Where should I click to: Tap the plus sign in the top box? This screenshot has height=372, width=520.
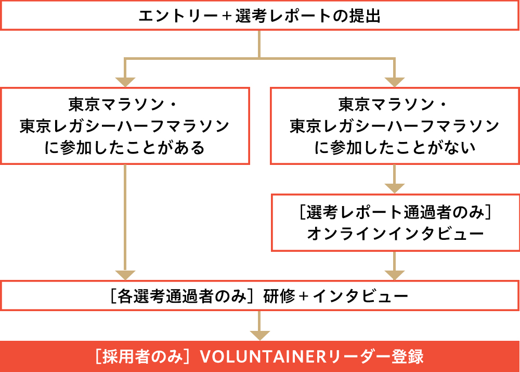click(x=226, y=16)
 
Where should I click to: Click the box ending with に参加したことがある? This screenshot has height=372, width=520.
click(x=125, y=125)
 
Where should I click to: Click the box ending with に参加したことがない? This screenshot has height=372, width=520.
click(x=395, y=125)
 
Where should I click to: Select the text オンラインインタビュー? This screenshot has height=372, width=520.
click(x=395, y=234)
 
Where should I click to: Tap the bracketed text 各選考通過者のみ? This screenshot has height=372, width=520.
click(x=181, y=296)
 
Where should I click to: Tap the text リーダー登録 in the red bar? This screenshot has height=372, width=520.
click(x=374, y=356)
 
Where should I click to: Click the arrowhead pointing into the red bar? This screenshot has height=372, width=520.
click(x=260, y=335)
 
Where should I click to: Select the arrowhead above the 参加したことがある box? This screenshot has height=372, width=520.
click(x=125, y=81)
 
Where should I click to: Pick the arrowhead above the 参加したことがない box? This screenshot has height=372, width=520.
click(x=395, y=81)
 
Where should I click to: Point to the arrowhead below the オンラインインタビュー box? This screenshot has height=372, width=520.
click(x=395, y=274)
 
